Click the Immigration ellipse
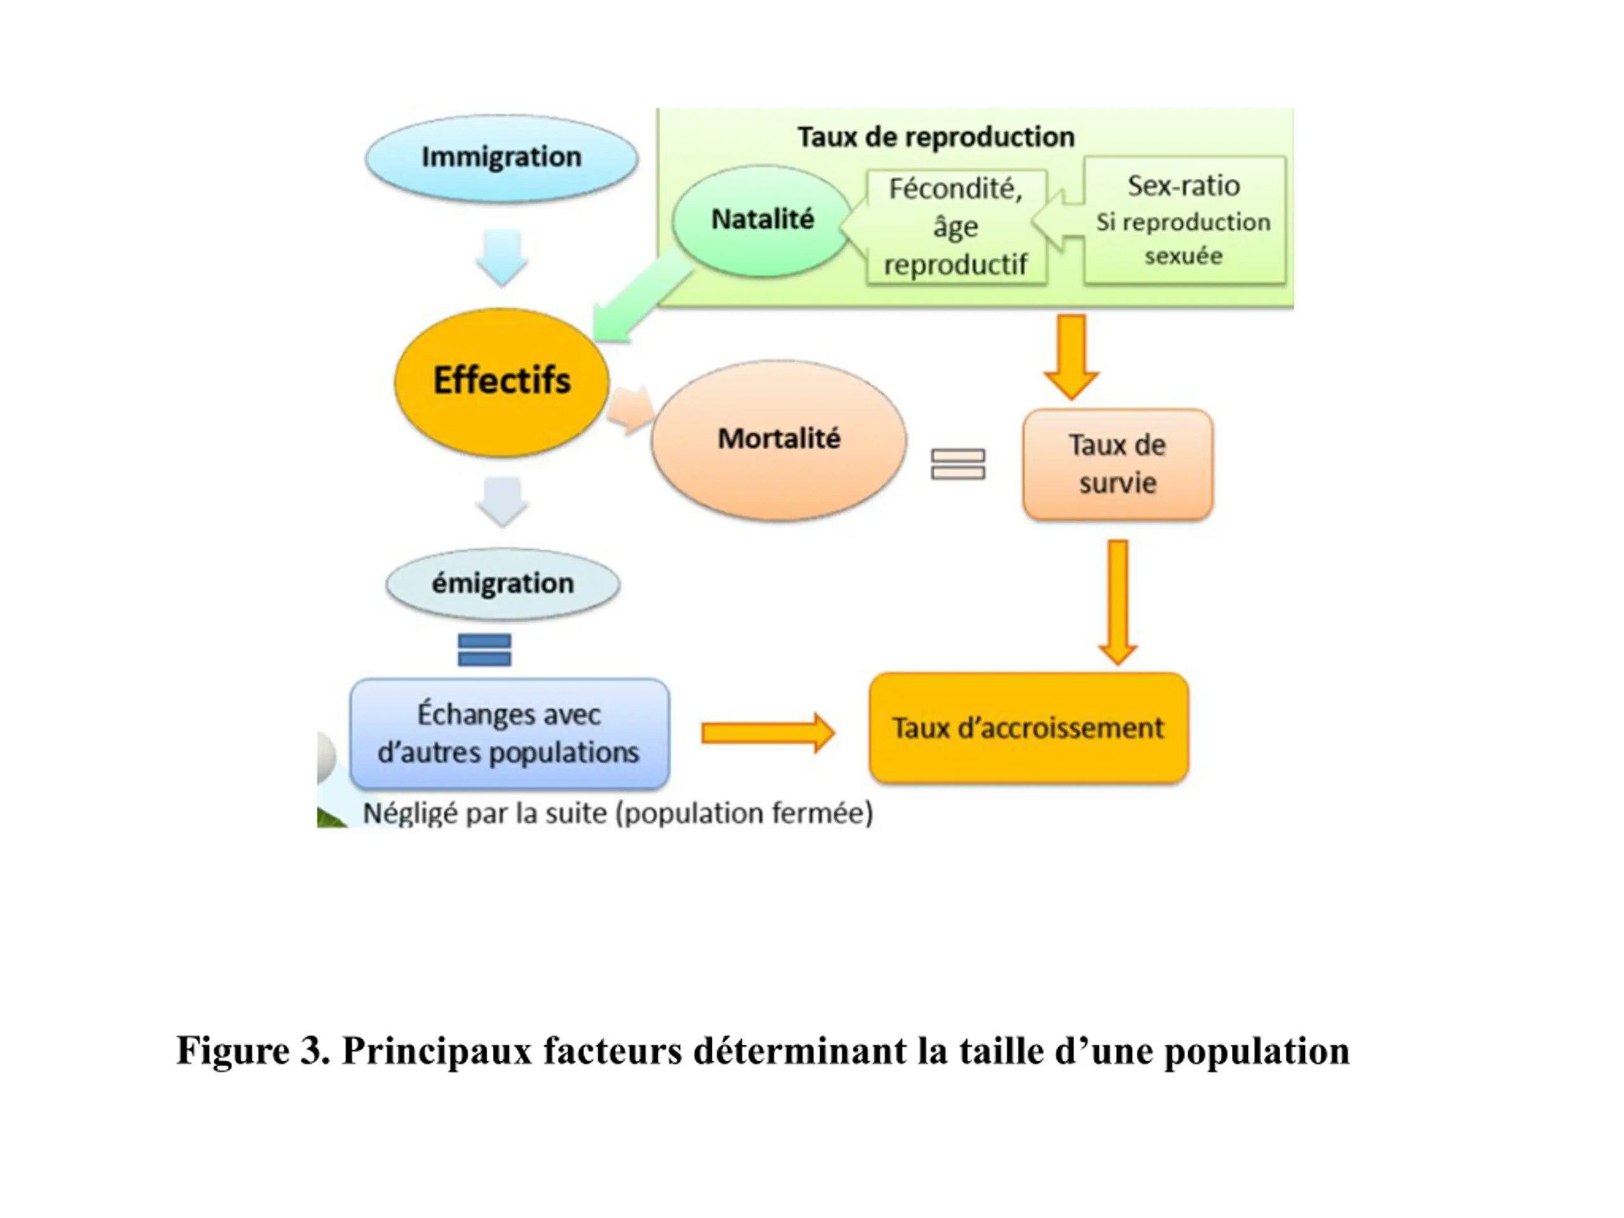coord(501,158)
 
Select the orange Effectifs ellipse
coord(501,382)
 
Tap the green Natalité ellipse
coord(762,220)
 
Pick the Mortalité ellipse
coord(779,440)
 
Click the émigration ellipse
coord(503,584)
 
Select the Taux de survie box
coord(1117,464)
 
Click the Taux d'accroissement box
coord(1028,728)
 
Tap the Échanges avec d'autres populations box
coord(509,733)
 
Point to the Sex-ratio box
coord(1184,219)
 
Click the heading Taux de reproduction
coord(936,137)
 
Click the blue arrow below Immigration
coord(502,258)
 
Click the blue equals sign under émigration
coord(484,650)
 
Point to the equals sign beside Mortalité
coord(958,464)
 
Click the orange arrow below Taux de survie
coord(1117,603)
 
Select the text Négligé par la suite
coord(485,813)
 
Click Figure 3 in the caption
coord(252,1051)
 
